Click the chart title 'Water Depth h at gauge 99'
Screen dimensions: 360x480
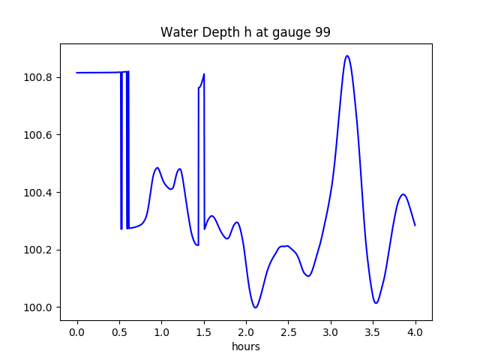[245, 33]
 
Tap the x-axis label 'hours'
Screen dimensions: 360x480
[245, 347]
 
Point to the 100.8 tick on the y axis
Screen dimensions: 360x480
[40, 78]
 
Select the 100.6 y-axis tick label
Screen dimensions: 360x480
[40, 135]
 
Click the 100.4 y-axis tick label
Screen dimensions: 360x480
[40, 193]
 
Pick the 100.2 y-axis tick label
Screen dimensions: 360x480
[40, 250]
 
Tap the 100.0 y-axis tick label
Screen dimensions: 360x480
[40, 307]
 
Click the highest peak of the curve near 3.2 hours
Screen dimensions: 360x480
[346, 55]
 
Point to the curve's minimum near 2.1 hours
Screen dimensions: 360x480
[256, 307]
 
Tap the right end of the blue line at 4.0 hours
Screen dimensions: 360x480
[415, 225]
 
